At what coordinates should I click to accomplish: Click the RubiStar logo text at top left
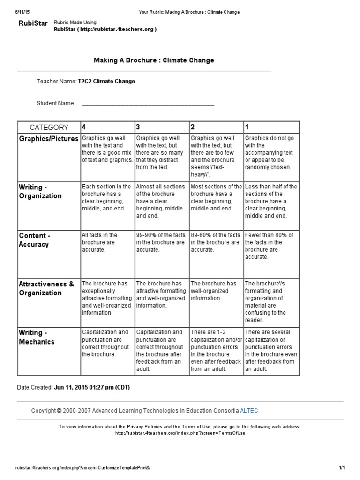point(32,23)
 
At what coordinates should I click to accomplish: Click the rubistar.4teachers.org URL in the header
point(105,29)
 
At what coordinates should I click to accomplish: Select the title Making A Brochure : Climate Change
point(154,60)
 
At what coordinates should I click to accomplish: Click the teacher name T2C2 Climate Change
point(106,82)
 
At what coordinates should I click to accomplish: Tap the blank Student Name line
point(148,104)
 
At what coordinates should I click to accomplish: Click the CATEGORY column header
point(49,127)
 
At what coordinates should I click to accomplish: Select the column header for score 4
point(84,127)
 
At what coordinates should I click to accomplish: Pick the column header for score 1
point(247,127)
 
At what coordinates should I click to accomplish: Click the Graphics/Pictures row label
point(49,139)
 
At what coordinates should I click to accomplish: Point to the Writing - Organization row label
point(40,191)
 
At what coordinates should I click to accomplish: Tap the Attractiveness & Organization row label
point(46,288)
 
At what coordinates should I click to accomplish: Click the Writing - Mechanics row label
point(37,337)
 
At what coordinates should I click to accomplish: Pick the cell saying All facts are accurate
point(100,242)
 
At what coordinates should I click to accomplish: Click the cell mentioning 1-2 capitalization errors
point(216,350)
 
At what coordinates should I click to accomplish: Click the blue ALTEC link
point(249,411)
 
